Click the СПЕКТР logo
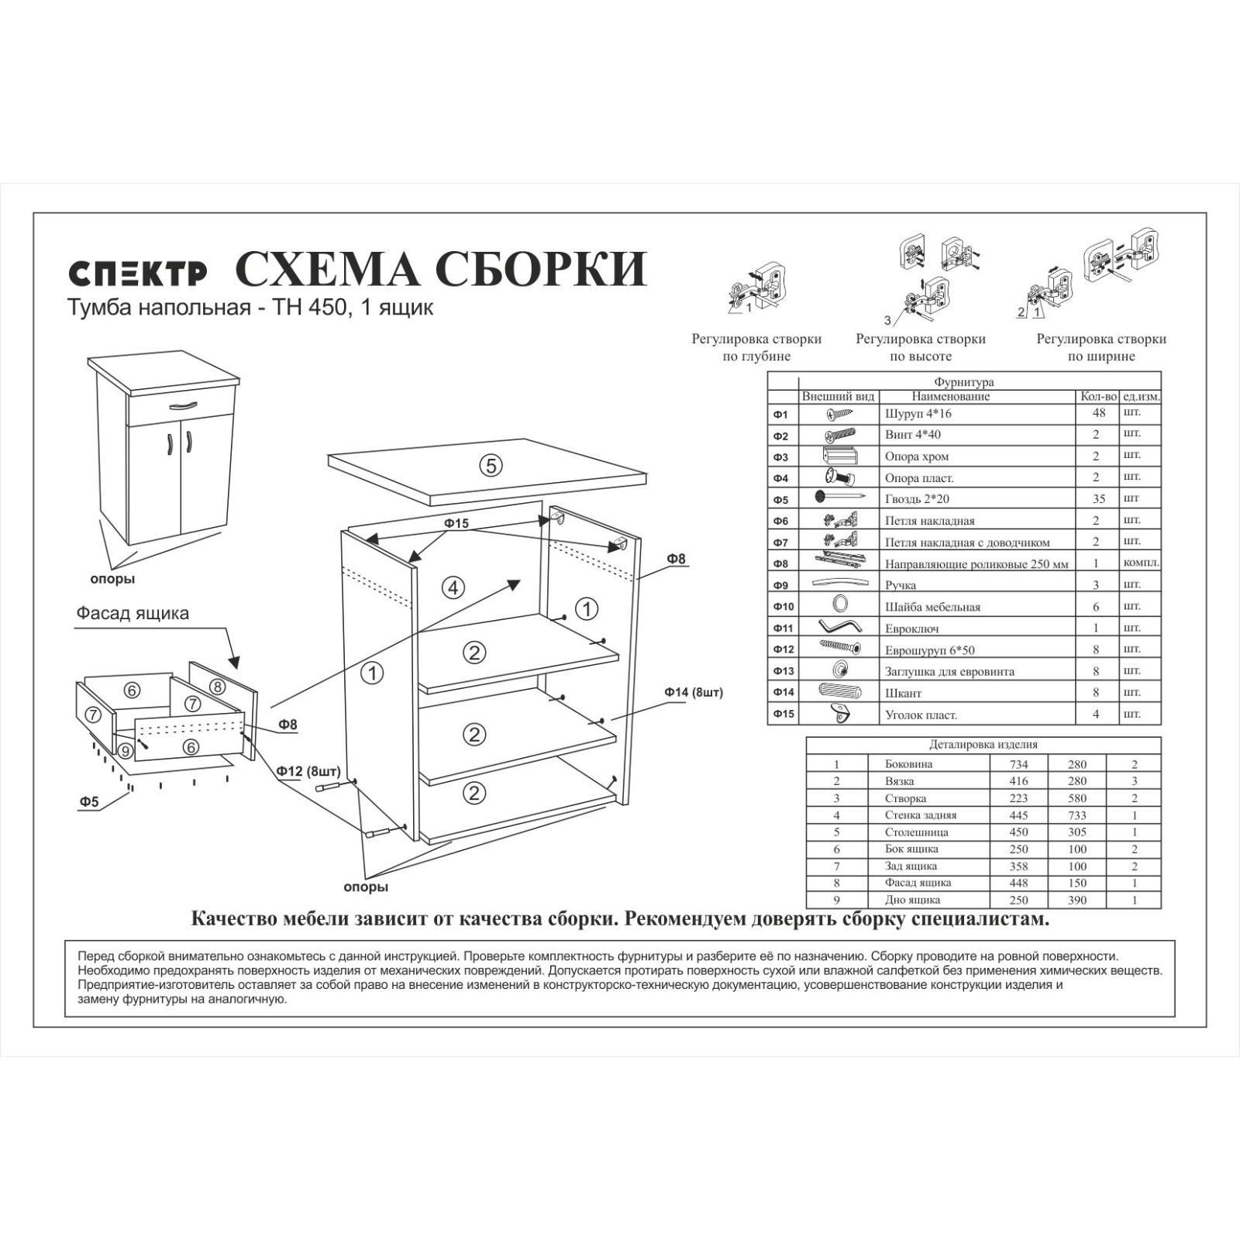tap(138, 273)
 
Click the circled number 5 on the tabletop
tap(491, 466)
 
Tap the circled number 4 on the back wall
tap(453, 587)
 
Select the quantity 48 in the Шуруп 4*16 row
tap(1098, 414)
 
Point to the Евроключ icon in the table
tap(839, 626)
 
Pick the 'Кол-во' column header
tap(1098, 397)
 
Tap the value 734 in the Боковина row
tap(1018, 764)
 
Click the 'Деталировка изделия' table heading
tap(983, 745)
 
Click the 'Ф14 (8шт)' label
tap(693, 692)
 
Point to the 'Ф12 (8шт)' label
tap(308, 771)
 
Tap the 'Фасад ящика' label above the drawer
tap(133, 613)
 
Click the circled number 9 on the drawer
tap(126, 750)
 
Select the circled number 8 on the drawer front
tap(217, 687)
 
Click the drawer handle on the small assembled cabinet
tap(183, 405)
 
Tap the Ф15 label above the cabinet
tap(456, 523)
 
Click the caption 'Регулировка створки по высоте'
tap(921, 347)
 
